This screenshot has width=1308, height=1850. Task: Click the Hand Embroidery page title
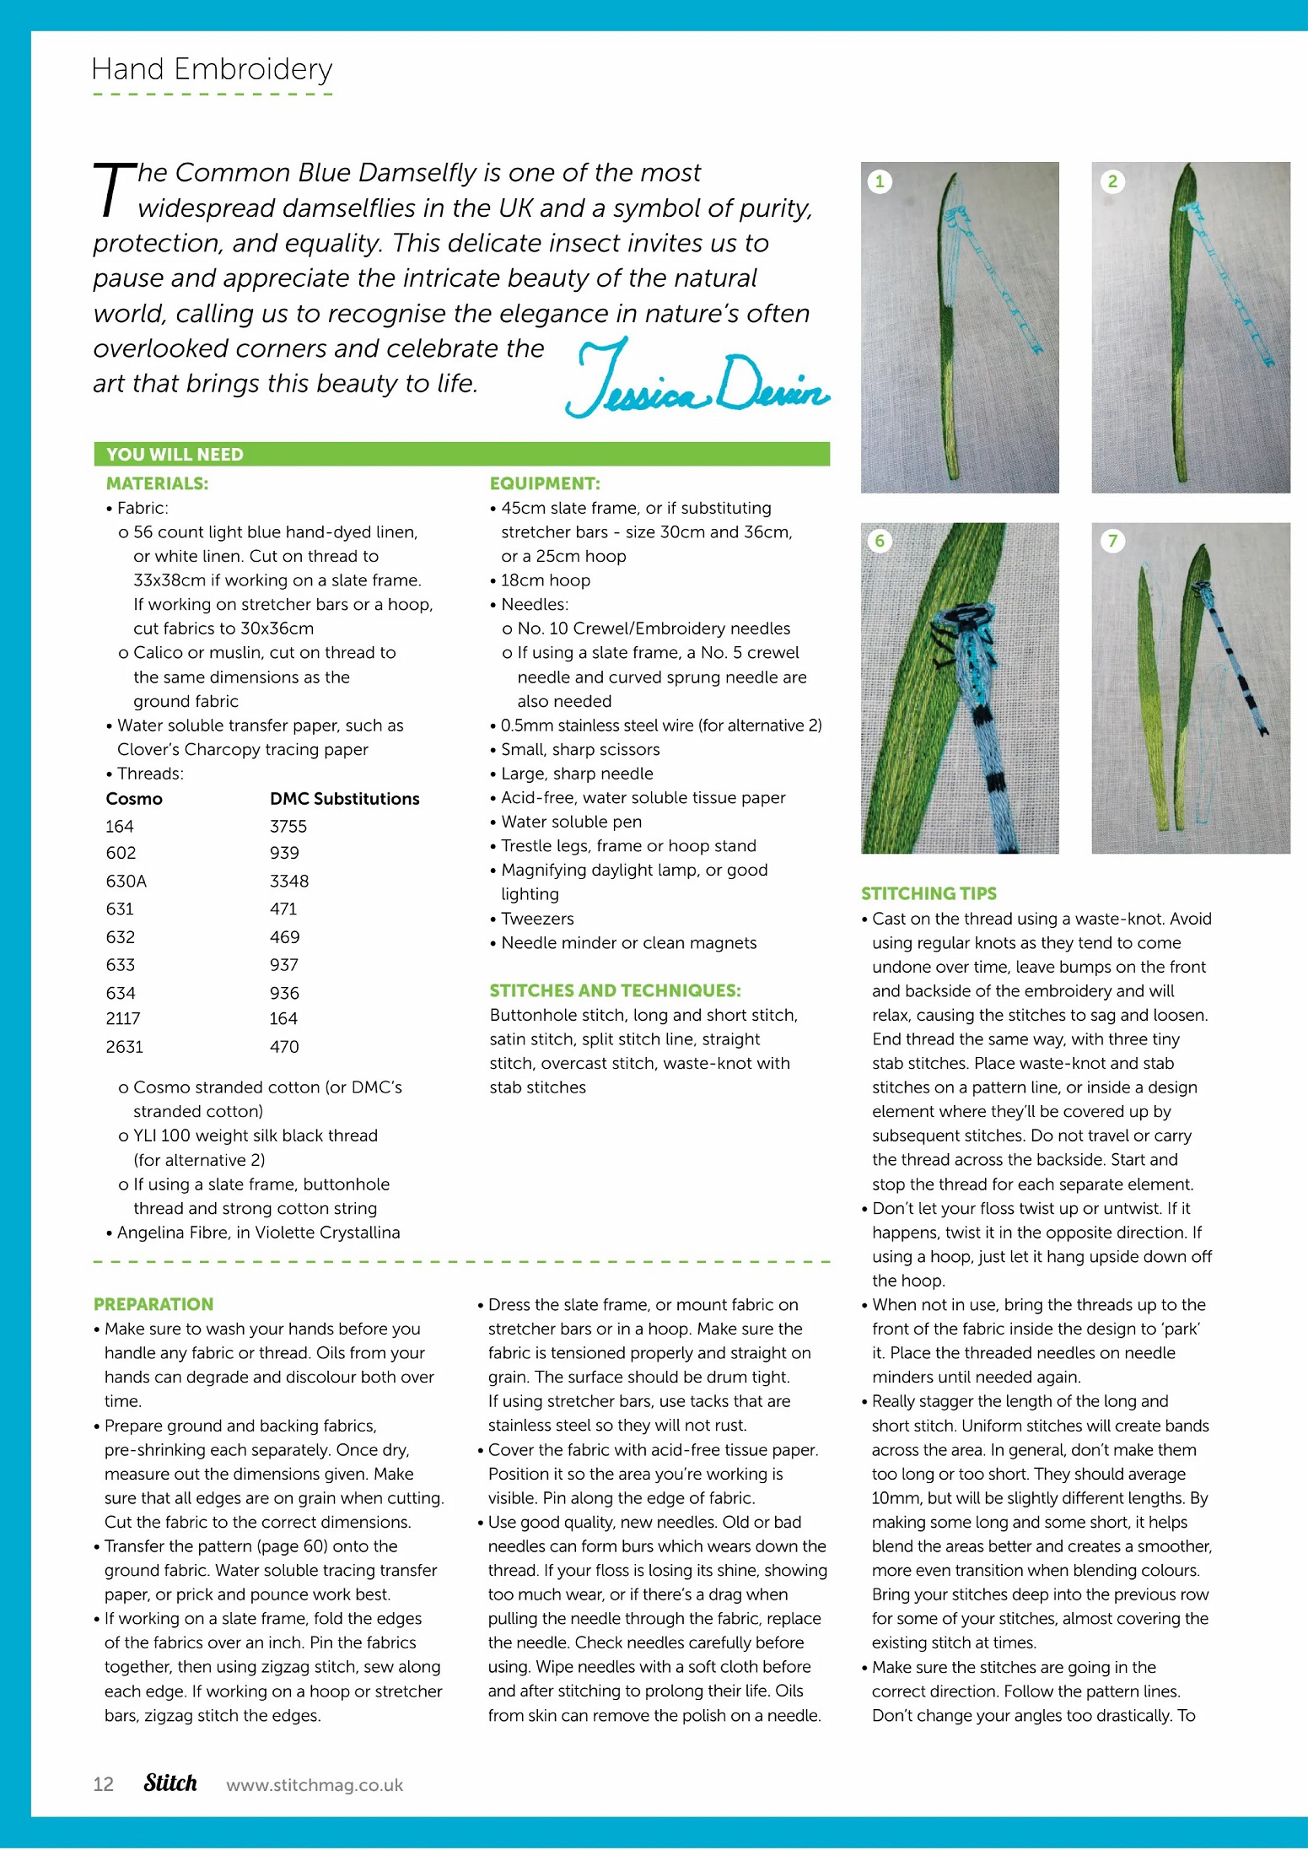pyautogui.click(x=212, y=69)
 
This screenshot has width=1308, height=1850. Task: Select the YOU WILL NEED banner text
pyautogui.click(x=175, y=455)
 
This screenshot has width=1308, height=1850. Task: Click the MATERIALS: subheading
pyautogui.click(x=157, y=483)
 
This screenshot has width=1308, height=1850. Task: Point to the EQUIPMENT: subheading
pyautogui.click(x=545, y=483)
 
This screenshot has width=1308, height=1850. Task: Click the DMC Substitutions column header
pyautogui.click(x=344, y=799)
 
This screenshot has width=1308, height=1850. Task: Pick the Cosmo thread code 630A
pyautogui.click(x=126, y=882)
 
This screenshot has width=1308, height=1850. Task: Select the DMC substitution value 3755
pyautogui.click(x=288, y=827)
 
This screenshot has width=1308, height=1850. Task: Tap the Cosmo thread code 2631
pyautogui.click(x=125, y=1047)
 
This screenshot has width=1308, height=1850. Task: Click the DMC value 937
pyautogui.click(x=284, y=965)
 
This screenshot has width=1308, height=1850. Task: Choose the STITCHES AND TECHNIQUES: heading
pyautogui.click(x=615, y=990)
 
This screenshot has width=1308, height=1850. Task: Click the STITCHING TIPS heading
pyautogui.click(x=929, y=893)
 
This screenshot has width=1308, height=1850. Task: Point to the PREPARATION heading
pyautogui.click(x=153, y=1304)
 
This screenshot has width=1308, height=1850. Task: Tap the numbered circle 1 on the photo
pyautogui.click(x=880, y=181)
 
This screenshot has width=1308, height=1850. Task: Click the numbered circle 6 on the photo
pyautogui.click(x=880, y=541)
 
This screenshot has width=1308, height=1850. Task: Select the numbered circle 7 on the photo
pyautogui.click(x=1112, y=541)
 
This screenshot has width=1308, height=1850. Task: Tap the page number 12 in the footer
pyautogui.click(x=103, y=1784)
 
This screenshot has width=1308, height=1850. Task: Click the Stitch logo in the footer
pyautogui.click(x=170, y=1783)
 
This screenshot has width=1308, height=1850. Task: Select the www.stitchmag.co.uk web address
pyautogui.click(x=315, y=1785)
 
